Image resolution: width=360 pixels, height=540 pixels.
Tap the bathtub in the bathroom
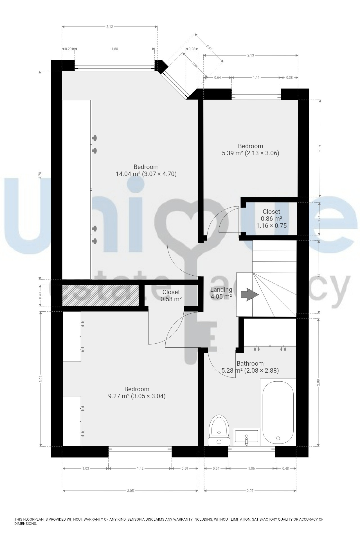point(278,412)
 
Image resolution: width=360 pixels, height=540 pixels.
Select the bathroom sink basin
point(246,437)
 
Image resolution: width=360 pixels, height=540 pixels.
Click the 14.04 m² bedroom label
point(146,170)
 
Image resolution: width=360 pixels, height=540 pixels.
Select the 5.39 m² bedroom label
point(250,150)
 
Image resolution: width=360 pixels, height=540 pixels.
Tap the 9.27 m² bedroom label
point(137,393)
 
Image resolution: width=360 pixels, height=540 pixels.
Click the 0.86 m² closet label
point(271,219)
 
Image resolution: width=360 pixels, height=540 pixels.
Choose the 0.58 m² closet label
point(171,296)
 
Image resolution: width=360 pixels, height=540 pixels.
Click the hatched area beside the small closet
point(101,295)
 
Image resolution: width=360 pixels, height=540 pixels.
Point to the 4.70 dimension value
point(40,175)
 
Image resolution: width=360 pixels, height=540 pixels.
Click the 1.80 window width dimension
point(114,49)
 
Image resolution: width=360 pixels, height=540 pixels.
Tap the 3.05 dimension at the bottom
point(130,491)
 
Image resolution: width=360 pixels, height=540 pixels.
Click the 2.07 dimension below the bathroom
point(250,491)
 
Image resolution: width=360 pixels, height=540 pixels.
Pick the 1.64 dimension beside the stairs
point(319,276)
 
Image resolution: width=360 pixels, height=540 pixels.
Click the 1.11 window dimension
point(256,78)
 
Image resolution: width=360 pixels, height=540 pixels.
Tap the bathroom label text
point(250,363)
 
